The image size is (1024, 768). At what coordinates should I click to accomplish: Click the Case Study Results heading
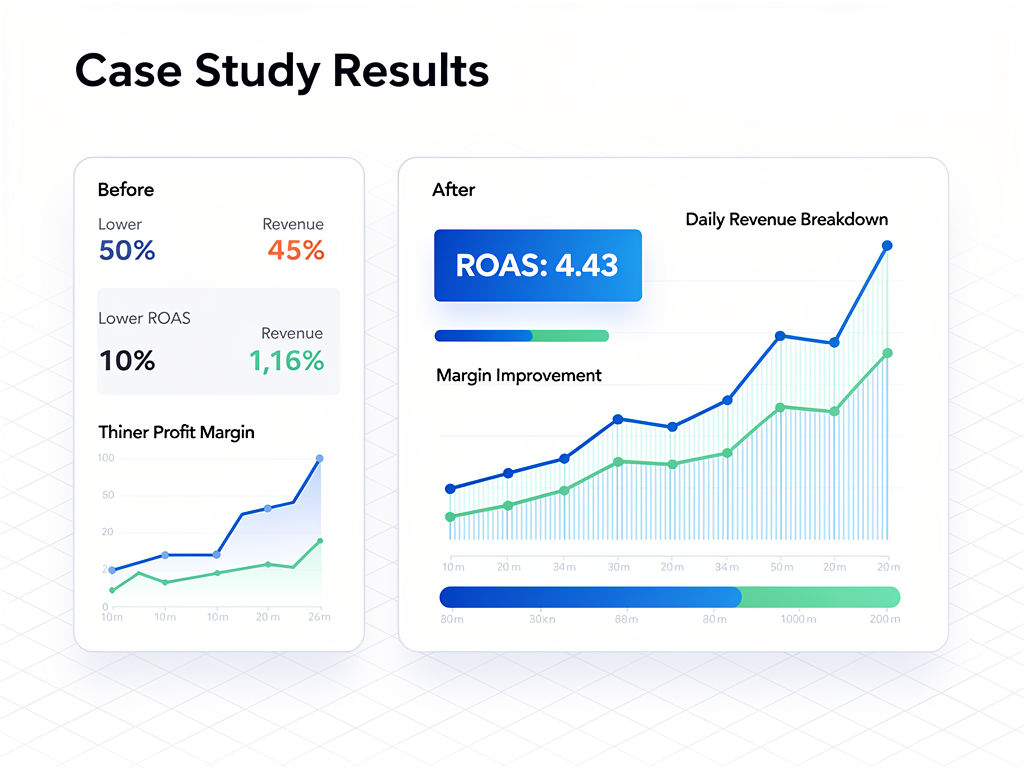[282, 71]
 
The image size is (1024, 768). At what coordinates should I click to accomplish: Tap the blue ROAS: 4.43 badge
[537, 265]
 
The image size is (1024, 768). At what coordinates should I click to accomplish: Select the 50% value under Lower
[127, 250]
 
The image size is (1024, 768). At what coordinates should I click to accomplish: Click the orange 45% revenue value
[296, 250]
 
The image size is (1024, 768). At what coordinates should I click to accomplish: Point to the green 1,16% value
[287, 361]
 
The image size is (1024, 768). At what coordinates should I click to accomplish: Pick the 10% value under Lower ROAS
[127, 361]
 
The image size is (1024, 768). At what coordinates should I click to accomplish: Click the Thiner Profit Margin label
[176, 432]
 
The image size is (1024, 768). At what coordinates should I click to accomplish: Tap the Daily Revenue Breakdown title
[786, 219]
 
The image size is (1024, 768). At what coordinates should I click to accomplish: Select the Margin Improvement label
[519, 375]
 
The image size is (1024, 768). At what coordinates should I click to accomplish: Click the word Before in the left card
[126, 189]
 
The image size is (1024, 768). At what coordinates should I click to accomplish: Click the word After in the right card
[454, 189]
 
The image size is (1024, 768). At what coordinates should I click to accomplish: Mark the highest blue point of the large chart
[887, 245]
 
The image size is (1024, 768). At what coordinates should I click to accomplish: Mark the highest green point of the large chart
[887, 353]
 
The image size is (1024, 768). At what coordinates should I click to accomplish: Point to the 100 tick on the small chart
[107, 458]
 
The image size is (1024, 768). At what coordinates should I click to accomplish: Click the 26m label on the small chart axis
[318, 617]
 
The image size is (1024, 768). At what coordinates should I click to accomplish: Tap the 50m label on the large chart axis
[781, 568]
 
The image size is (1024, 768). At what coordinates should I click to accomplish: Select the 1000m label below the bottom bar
[799, 620]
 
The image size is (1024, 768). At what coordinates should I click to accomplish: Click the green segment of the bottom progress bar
[820, 597]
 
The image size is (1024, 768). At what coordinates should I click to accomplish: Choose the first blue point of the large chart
[450, 489]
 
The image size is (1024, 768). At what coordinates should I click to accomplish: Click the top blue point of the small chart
[320, 459]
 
